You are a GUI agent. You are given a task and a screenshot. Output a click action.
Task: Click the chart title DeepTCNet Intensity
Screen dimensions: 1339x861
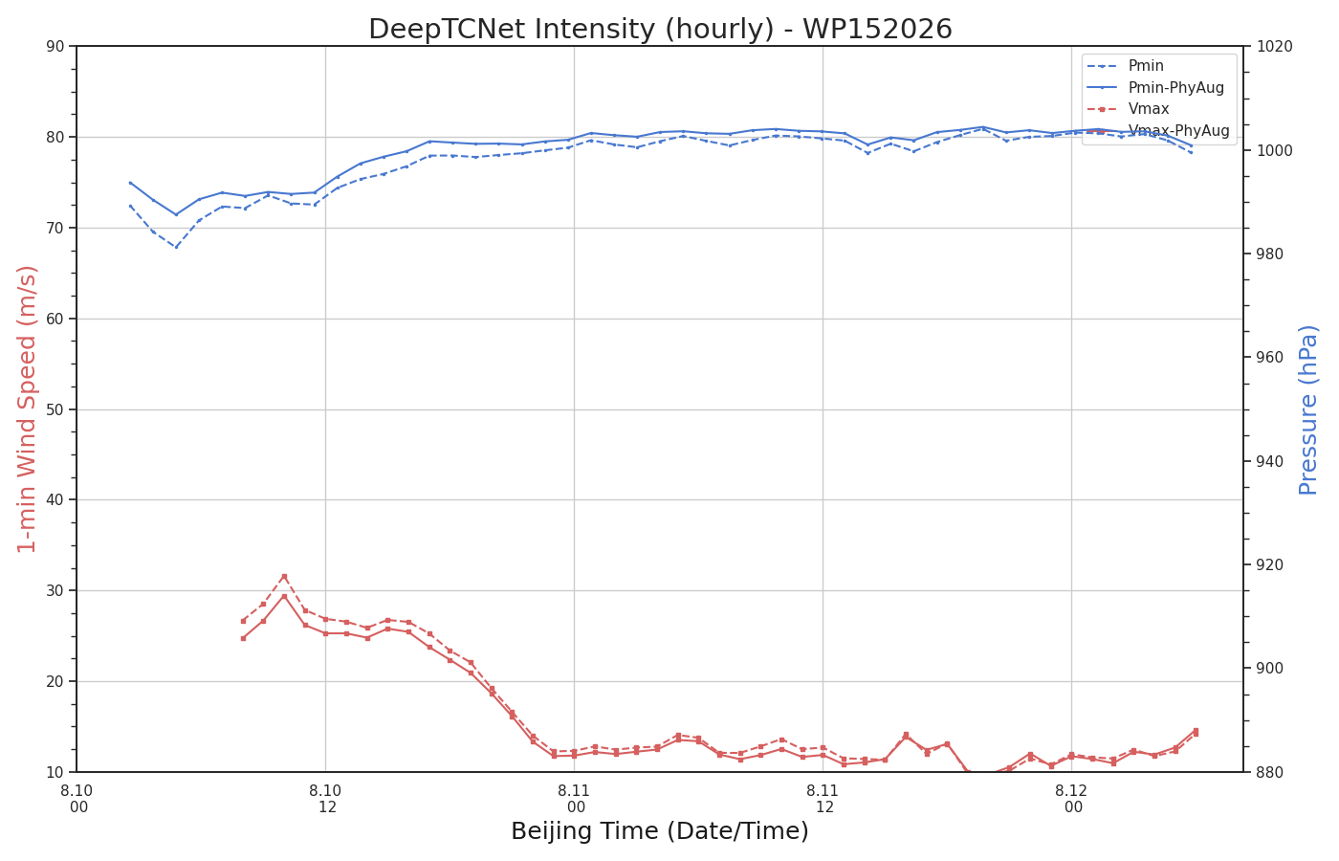tap(660, 29)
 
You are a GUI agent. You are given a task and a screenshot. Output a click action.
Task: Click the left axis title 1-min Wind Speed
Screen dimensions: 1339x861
tap(27, 409)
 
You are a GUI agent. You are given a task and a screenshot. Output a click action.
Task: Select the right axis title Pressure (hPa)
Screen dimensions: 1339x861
tap(1307, 410)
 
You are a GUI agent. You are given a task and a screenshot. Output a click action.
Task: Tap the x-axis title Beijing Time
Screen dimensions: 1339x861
tap(660, 831)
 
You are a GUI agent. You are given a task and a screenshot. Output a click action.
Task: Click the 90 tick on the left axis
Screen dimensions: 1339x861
tap(55, 47)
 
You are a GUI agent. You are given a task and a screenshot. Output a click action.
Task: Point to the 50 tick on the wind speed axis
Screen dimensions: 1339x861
tap(55, 409)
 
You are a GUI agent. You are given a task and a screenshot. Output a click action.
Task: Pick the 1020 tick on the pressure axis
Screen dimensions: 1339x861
tap(1273, 47)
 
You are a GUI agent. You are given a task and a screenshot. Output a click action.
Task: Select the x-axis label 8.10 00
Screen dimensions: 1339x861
tap(77, 799)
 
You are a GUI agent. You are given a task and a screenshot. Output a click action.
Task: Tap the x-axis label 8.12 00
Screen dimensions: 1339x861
tap(1072, 799)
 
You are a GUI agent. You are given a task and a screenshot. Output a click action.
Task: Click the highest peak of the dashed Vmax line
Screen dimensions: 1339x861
tap(285, 576)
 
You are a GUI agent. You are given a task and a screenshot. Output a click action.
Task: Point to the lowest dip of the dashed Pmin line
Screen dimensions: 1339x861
tap(176, 247)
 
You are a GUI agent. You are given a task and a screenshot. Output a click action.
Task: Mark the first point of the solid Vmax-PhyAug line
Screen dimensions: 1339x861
tap(243, 638)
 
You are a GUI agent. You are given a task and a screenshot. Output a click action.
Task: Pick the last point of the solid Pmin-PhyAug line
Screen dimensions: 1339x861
tap(1191, 145)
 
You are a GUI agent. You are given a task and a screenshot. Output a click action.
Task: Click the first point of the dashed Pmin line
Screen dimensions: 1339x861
tap(130, 206)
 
